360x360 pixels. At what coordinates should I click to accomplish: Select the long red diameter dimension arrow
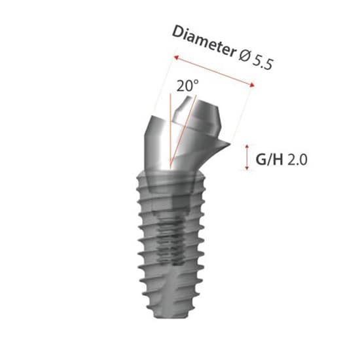click(213, 71)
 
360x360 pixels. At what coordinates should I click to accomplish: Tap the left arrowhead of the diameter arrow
click(175, 58)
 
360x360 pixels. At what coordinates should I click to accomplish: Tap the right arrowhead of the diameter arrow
click(251, 83)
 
